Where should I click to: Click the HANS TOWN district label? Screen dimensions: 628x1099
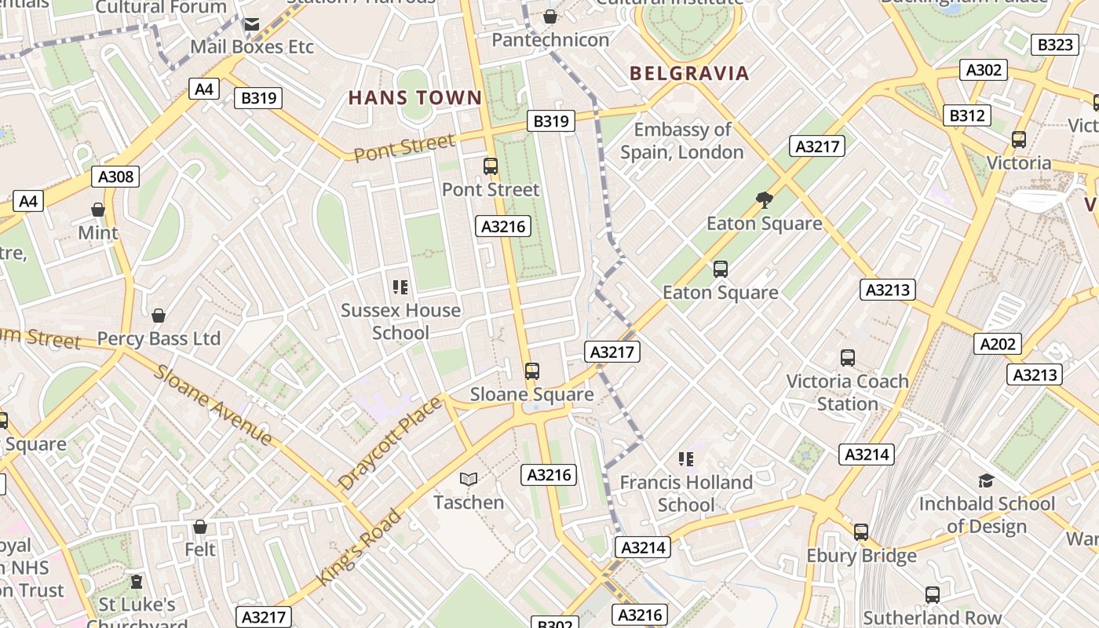click(414, 98)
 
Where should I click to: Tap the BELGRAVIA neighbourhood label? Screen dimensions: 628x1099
click(689, 74)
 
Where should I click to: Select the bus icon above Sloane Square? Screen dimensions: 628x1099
click(532, 371)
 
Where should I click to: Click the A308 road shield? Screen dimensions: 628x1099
click(116, 177)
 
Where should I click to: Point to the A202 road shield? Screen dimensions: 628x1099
click(998, 343)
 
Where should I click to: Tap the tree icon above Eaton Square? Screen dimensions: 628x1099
click(764, 200)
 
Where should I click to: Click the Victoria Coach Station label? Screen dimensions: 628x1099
click(847, 392)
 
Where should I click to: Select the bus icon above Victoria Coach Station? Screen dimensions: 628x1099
click(848, 358)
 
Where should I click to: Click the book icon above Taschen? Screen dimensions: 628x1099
click(469, 479)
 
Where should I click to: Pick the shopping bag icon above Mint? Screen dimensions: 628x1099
click(98, 210)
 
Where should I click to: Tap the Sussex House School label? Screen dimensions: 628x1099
click(400, 321)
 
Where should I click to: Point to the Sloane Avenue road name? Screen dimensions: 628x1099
click(214, 405)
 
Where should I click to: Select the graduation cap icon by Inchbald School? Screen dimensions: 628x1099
click(986, 480)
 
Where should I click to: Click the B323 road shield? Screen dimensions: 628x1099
click(1055, 45)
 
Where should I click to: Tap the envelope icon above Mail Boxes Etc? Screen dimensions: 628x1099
click(251, 24)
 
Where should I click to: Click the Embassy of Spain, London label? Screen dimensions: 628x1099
click(682, 141)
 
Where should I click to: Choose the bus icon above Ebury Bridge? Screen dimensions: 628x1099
click(861, 531)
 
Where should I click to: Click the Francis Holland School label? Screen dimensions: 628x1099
click(686, 493)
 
